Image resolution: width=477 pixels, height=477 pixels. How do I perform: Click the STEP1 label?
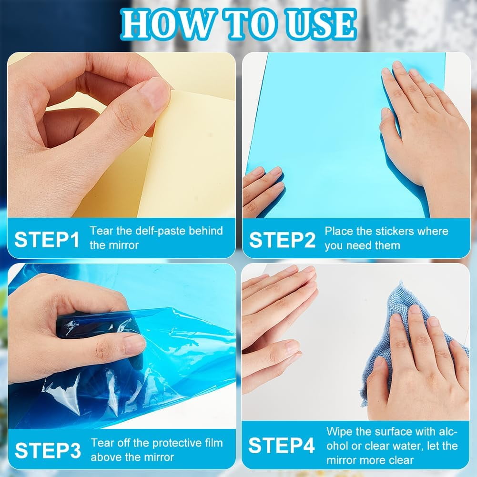[x=47, y=239]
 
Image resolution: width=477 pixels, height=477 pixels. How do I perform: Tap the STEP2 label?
[x=282, y=240]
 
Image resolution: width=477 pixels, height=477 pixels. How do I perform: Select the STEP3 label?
[x=48, y=450]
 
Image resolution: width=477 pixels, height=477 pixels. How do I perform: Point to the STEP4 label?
[x=282, y=446]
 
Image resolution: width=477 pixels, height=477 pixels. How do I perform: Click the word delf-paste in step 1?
[x=160, y=231]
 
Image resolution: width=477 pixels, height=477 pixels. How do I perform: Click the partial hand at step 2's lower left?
[x=262, y=190]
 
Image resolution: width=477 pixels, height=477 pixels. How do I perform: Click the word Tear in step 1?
[x=101, y=231]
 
